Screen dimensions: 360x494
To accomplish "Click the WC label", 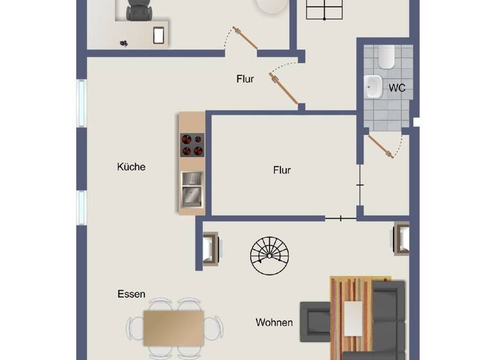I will [397, 88].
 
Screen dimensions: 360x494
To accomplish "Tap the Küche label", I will [131, 166].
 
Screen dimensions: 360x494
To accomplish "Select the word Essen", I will [131, 294].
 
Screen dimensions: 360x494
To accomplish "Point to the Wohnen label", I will [274, 322].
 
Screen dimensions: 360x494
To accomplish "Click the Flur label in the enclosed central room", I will [282, 170].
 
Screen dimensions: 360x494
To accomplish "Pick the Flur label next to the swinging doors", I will [245, 79].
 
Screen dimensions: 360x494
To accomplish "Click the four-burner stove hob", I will [192, 145].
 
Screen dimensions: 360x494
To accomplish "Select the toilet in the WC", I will [387, 59].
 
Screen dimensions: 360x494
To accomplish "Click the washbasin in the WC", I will [372, 87].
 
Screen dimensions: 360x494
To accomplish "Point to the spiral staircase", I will [270, 255].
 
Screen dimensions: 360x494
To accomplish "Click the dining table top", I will [174, 327].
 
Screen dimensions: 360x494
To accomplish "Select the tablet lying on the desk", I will [159, 35].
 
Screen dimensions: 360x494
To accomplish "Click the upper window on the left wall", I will [82, 103].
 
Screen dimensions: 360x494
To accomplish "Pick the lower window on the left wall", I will [82, 208].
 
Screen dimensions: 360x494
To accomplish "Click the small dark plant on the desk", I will [123, 43].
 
